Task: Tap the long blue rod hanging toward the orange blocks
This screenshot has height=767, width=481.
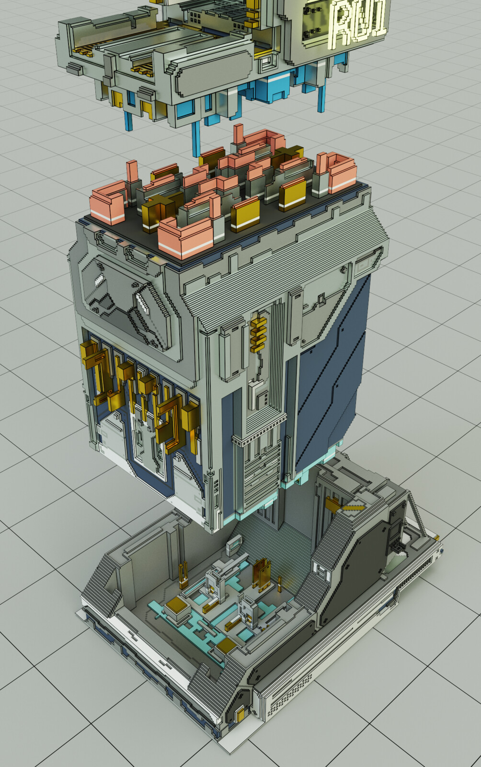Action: coord(195,139)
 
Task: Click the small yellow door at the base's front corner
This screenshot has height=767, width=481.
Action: coord(239,716)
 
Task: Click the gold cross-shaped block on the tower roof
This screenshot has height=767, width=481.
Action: coord(158,211)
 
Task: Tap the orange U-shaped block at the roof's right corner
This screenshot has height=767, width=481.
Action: coord(338,173)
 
